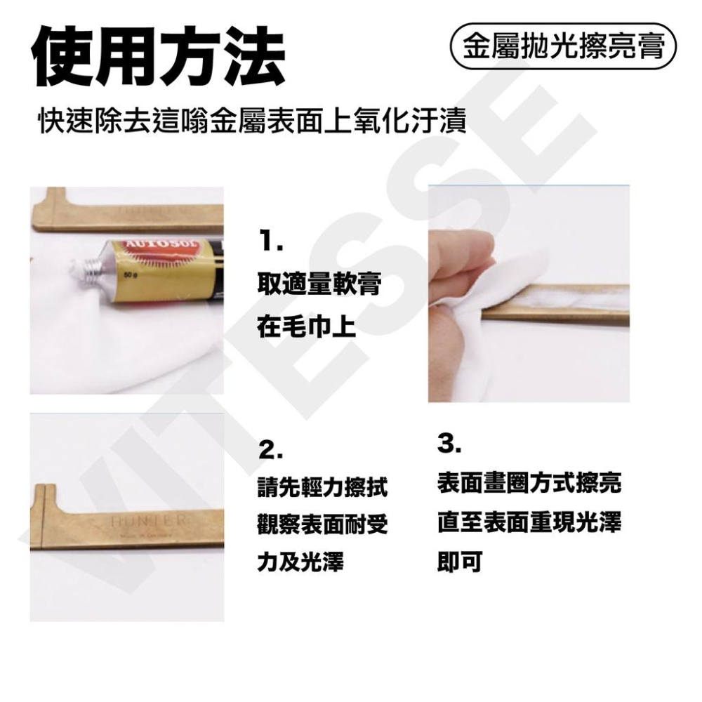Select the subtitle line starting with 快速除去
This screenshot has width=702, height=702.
click(x=253, y=122)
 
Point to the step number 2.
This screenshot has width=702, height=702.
click(x=270, y=450)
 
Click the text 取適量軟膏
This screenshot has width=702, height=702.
click(x=319, y=285)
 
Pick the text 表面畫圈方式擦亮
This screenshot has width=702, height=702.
click(x=529, y=483)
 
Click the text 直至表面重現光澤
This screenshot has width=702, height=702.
click(x=529, y=522)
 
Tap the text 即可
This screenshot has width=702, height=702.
click(x=459, y=562)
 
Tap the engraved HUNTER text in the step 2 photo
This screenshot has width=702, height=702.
click(x=148, y=522)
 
